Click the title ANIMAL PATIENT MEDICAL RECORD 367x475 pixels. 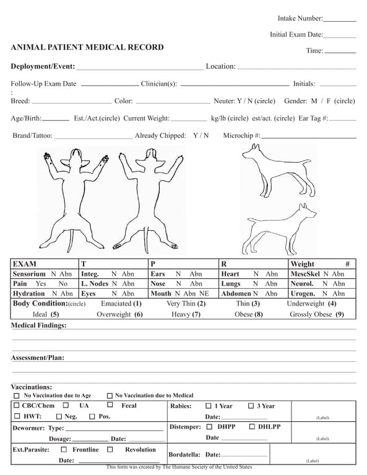[x=87, y=47]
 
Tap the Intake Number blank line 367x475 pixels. [x=340, y=20]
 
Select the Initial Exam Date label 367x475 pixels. [x=296, y=35]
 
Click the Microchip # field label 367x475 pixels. [x=241, y=135]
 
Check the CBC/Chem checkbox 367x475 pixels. [x=17, y=406]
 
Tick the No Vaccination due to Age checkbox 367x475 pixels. [x=17, y=395]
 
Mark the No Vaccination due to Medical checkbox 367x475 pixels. [x=110, y=395]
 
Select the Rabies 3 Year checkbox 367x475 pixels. [x=251, y=406]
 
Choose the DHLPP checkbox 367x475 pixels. [x=253, y=427]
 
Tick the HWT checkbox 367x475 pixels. [x=17, y=416]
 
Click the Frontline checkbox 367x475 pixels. [x=64, y=450]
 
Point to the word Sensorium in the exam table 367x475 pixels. [x=29, y=274]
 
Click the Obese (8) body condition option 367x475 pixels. [x=249, y=314]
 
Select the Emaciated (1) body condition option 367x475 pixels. [x=122, y=304]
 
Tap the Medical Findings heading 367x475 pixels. [x=38, y=325]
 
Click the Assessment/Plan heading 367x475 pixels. [x=37, y=357]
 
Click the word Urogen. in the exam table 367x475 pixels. [x=303, y=294]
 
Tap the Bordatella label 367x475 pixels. [x=184, y=455]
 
